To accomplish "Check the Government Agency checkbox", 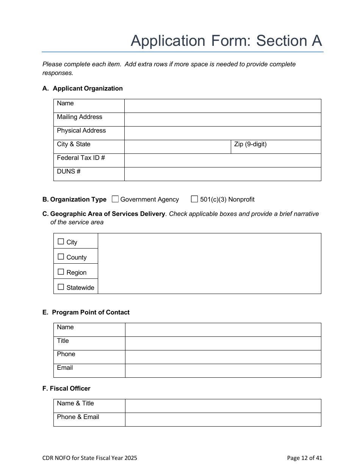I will click(x=116, y=199).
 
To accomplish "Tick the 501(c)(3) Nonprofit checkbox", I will click(x=194, y=199).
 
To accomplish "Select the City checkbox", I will click(x=61, y=241).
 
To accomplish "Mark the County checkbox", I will click(x=61, y=256).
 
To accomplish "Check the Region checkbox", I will click(x=61, y=272).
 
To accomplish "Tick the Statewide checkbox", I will click(x=61, y=287).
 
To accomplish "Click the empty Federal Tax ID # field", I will click(x=222, y=160).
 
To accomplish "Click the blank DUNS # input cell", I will click(x=222, y=174).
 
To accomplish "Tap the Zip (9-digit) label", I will click(x=250, y=144).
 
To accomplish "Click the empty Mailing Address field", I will click(x=222, y=119).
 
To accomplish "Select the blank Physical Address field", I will click(x=222, y=133).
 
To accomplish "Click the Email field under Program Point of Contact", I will click(x=223, y=371).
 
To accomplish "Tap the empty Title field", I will click(x=223, y=343).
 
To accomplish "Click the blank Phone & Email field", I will click(x=223, y=419).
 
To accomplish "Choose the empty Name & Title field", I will click(x=223, y=406).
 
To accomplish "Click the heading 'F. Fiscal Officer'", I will click(x=66, y=388).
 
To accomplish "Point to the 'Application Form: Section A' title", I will click(x=226, y=41).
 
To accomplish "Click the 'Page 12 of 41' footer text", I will click(x=304, y=458).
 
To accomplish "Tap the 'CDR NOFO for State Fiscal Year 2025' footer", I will click(x=90, y=458).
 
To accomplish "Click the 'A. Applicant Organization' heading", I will click(x=83, y=88).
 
